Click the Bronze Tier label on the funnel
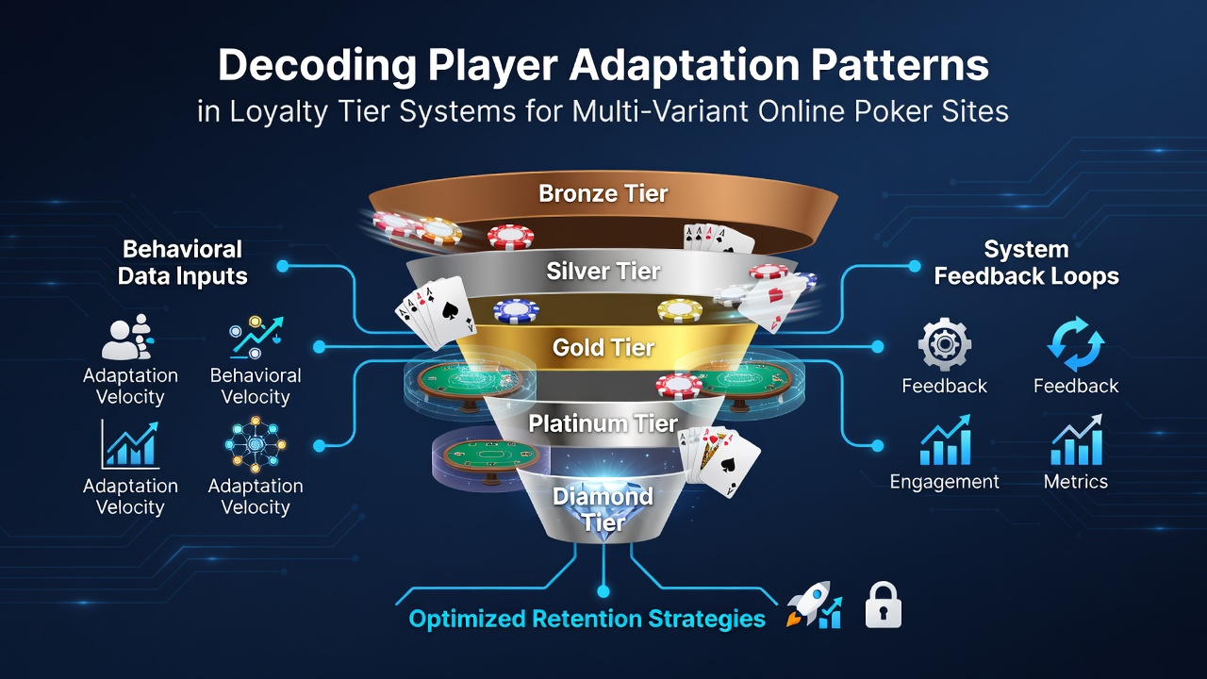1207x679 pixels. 603,194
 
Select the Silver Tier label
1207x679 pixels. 603,271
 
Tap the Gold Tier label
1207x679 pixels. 603,348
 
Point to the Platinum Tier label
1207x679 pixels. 603,423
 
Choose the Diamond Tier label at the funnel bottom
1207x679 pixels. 603,509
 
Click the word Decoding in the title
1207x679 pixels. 317,66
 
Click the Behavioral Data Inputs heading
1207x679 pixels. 182,262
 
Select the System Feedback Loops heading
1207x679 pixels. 1026,262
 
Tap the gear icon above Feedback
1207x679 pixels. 945,344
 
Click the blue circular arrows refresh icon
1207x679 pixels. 1076,344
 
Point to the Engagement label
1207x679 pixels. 944,482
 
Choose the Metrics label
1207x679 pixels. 1076,481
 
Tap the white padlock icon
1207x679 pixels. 884,604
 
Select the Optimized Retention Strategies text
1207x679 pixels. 587,619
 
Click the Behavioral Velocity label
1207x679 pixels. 256,386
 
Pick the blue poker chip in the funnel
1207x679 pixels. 516,311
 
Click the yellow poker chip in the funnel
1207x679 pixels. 680,311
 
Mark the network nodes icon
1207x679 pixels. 256,444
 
